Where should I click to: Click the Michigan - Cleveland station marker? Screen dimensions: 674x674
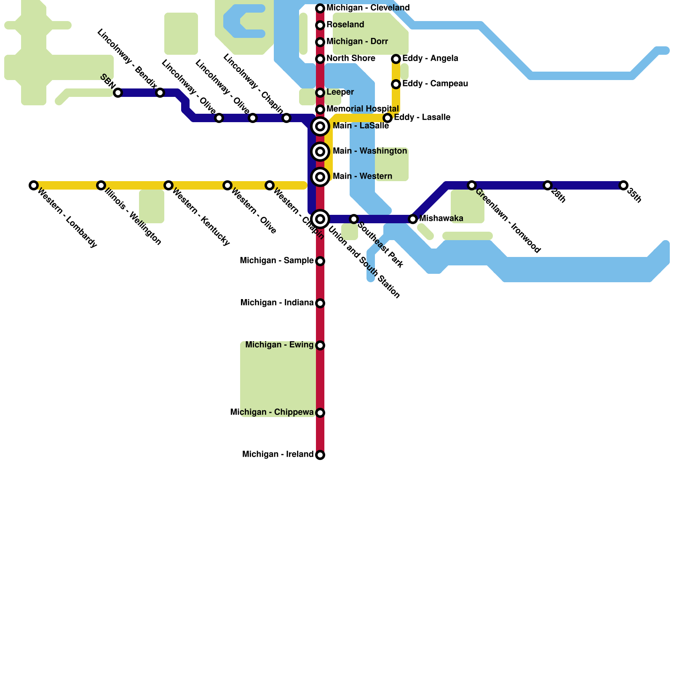[x=320, y=8]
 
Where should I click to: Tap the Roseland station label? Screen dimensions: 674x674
[x=345, y=25]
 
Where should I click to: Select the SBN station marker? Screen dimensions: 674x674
[x=118, y=93]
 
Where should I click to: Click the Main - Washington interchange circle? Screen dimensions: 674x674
[x=320, y=152]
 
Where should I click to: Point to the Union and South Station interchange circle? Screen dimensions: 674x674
[x=320, y=219]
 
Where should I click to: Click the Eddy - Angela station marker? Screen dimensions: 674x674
[x=396, y=59]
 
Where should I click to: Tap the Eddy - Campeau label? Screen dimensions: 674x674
[x=435, y=84]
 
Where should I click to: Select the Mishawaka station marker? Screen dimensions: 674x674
[x=413, y=219]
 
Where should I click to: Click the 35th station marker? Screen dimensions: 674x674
[x=623, y=185]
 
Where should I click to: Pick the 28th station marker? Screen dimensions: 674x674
[x=548, y=185]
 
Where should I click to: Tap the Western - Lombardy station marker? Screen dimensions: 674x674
[x=34, y=185]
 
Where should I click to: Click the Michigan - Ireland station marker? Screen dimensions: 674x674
[x=320, y=455]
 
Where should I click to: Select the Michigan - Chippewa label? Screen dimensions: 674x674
[x=272, y=412]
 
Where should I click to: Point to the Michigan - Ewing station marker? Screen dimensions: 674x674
[x=320, y=345]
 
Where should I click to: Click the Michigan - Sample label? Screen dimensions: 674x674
[x=276, y=261]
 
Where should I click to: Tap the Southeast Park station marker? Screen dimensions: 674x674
[x=354, y=219]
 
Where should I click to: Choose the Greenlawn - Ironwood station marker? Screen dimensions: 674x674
[x=472, y=185]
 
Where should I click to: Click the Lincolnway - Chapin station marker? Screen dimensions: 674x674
[x=286, y=118]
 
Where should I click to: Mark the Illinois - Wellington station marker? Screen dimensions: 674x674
[x=101, y=185]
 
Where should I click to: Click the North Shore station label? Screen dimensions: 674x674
[x=350, y=59]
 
